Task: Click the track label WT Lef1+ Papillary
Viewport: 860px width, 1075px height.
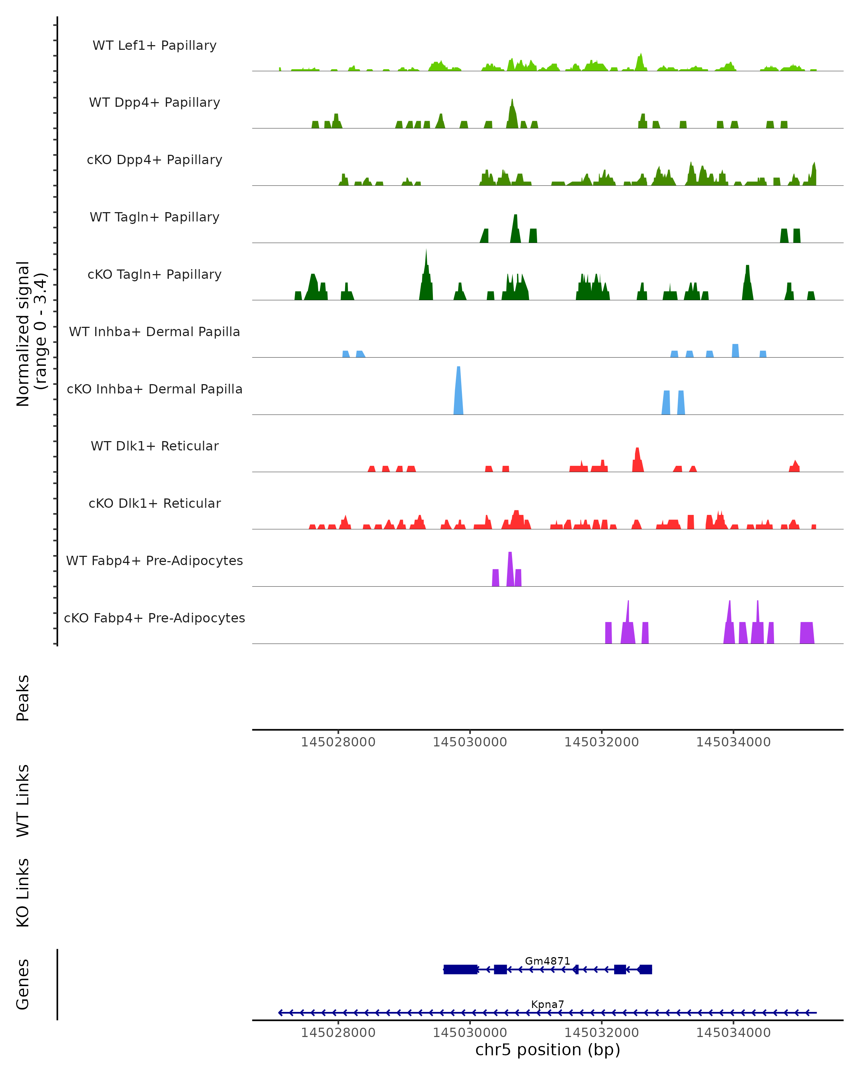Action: [154, 46]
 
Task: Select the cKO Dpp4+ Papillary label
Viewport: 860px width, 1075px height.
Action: [154, 160]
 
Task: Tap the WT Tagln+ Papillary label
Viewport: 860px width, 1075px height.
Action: [154, 218]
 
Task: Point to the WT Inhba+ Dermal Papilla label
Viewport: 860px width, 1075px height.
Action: [154, 332]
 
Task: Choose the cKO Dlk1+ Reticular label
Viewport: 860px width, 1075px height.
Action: [154, 503]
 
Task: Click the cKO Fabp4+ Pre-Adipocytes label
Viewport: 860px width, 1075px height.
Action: [154, 618]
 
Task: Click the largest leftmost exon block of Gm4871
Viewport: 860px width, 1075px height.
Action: [460, 969]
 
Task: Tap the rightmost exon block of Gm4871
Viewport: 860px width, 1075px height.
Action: [646, 969]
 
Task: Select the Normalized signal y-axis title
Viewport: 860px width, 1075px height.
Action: [31, 334]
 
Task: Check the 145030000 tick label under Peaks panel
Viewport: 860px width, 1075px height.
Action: [470, 742]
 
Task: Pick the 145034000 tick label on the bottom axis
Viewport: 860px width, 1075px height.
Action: [733, 1033]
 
